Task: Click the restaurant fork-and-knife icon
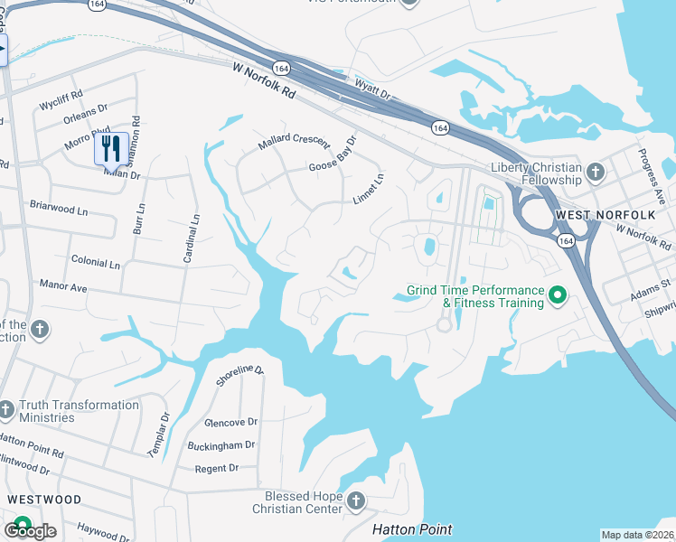point(110,148)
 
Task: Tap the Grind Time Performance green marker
point(558,295)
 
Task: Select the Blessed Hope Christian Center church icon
point(356,500)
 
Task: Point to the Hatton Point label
point(413,529)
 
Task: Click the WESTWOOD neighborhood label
point(44,500)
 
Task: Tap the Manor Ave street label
point(63,285)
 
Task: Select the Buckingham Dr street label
point(222,445)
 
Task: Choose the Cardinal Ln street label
point(192,238)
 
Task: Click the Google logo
point(30,531)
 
